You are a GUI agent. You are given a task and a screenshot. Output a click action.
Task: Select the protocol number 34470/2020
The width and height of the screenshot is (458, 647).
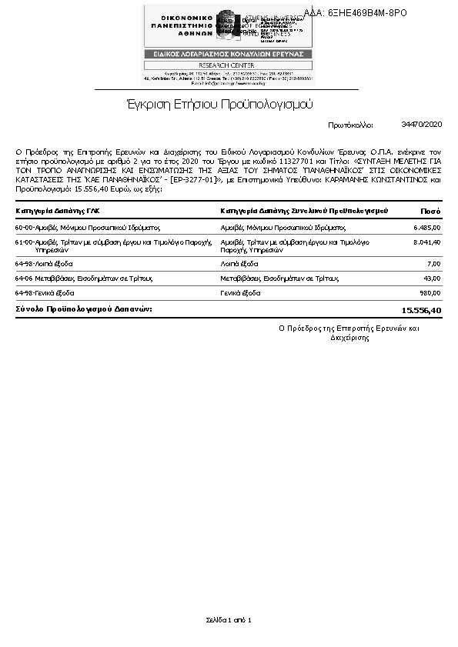tap(422, 124)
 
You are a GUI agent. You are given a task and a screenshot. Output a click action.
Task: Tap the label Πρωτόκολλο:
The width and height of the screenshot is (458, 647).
tap(350, 124)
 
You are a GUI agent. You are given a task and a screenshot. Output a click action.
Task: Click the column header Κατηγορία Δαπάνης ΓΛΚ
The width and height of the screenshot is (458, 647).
tap(58, 211)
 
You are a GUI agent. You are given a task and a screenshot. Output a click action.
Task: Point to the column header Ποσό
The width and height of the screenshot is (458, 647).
tap(430, 211)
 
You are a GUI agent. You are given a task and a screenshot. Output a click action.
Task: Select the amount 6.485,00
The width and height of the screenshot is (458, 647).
tap(426, 228)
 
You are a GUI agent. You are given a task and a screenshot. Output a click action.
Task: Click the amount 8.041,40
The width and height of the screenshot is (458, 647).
tap(426, 242)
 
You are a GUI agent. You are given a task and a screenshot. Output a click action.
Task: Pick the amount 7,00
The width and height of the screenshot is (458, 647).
tap(433, 263)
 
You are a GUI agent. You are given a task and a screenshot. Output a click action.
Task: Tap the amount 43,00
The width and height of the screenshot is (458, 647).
tap(432, 278)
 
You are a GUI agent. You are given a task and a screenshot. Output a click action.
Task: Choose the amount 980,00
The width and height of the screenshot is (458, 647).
tap(430, 293)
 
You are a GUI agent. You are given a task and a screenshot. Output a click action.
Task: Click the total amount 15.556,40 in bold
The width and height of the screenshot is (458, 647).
tap(422, 310)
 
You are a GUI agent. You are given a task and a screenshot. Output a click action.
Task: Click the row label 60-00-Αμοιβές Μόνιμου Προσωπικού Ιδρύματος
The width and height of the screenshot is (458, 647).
tap(87, 228)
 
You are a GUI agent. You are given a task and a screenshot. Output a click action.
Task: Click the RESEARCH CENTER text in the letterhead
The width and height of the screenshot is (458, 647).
tap(227, 65)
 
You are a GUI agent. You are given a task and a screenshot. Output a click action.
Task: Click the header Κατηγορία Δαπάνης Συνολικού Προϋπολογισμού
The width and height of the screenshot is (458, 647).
tap(303, 211)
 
